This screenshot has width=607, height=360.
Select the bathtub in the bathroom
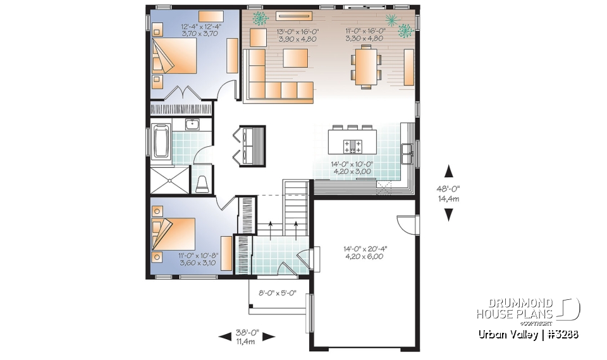point(160,141)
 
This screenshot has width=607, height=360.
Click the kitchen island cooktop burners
point(352,146)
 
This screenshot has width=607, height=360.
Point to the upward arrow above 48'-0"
point(449,170)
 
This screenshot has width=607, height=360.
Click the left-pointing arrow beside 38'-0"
point(224,337)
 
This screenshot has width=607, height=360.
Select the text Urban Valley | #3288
point(528,334)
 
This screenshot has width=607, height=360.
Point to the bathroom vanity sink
point(192,124)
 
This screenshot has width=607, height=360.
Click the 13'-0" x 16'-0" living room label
point(297,34)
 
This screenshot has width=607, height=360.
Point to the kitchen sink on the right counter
point(407,150)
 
